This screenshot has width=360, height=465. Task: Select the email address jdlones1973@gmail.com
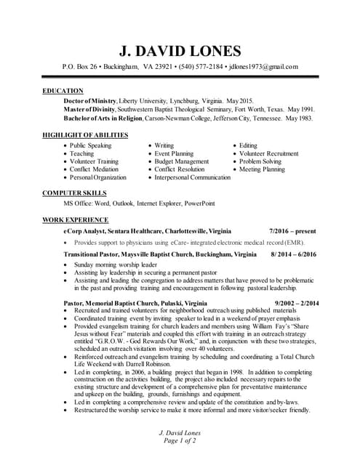pyautogui.click(x=264, y=67)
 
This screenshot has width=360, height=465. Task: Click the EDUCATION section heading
pyautogui.click(x=63, y=91)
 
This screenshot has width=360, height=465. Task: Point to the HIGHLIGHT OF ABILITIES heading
pyautogui.click(x=85, y=135)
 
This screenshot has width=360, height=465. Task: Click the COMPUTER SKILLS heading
pyautogui.click(x=74, y=193)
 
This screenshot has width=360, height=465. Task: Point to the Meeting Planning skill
pyautogui.click(x=263, y=169)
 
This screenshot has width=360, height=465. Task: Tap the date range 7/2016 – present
pyautogui.click(x=292, y=229)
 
